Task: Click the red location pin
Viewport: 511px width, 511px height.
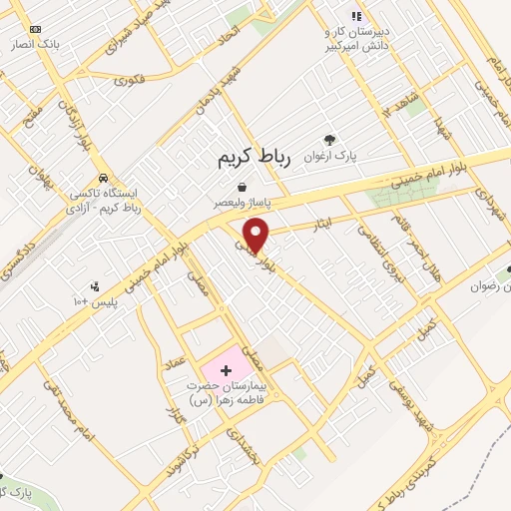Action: click(x=257, y=234)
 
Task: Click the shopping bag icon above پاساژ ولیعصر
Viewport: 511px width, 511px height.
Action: click(x=243, y=186)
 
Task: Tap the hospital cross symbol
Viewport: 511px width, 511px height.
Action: click(x=225, y=371)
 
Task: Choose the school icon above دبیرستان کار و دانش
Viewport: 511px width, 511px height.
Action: click(x=355, y=15)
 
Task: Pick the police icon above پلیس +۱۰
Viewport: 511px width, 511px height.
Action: click(x=95, y=286)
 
